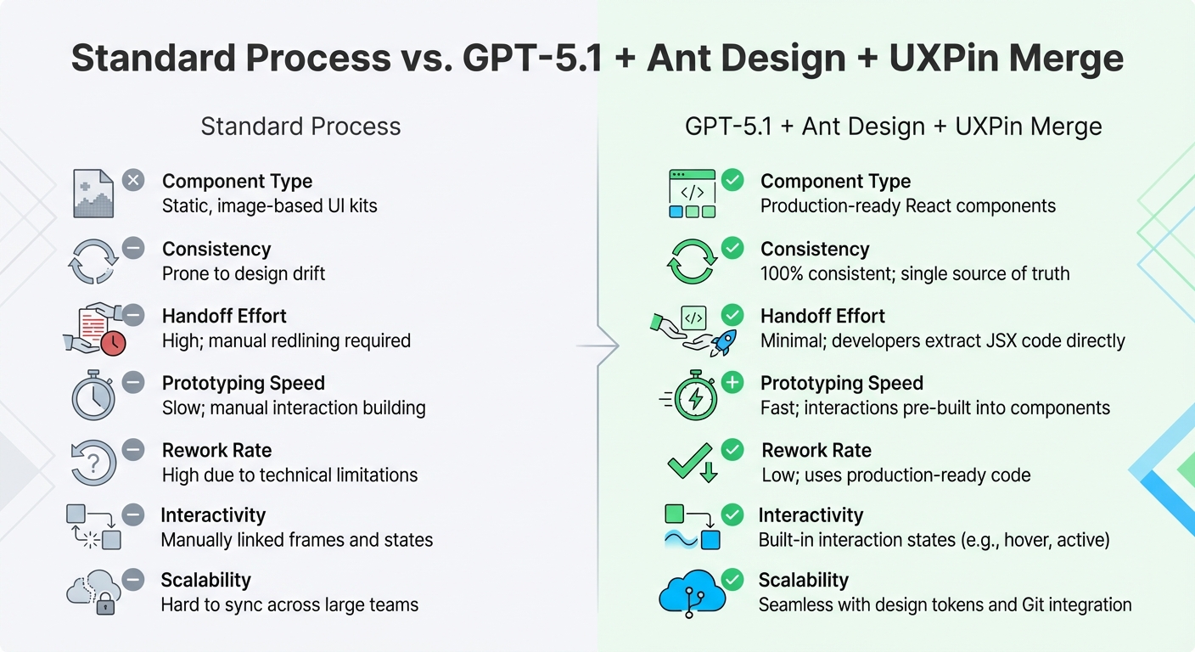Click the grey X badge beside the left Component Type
pyautogui.click(x=133, y=180)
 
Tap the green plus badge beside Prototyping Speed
pyautogui.click(x=732, y=383)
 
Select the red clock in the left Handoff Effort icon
pyautogui.click(x=112, y=342)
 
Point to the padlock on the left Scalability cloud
pyautogui.click(x=104, y=604)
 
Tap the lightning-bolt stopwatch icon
pyautogui.click(x=694, y=396)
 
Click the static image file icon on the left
pyautogui.click(x=93, y=194)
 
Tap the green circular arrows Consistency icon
pyautogui.click(x=692, y=261)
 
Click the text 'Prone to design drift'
pyautogui.click(x=244, y=273)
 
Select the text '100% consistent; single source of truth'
pyautogui.click(x=914, y=273)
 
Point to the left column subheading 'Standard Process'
pyautogui.click(x=300, y=126)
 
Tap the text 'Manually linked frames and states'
pyautogui.click(x=297, y=540)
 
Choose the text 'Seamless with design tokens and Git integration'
pyautogui.click(x=945, y=604)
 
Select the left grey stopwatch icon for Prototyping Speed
pyautogui.click(x=93, y=396)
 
